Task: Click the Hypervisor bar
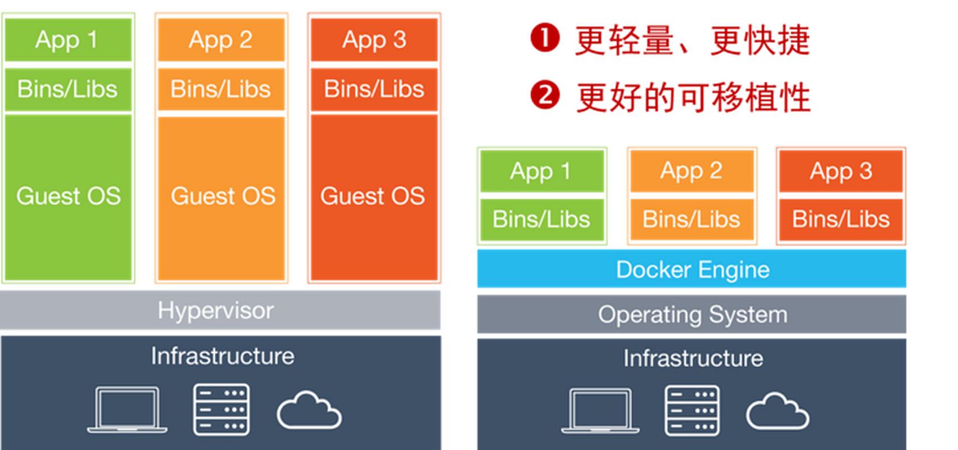(220, 310)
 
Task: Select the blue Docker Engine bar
(692, 269)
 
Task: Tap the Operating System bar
(692, 314)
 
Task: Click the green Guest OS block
(68, 196)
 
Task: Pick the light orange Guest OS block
(222, 196)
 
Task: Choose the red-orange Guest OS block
(374, 196)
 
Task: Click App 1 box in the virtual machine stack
(68, 40)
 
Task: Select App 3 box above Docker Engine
(840, 171)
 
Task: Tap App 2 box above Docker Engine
(692, 171)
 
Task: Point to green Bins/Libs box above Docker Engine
(541, 219)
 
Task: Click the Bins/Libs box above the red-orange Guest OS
(374, 89)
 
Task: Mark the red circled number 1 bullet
(544, 38)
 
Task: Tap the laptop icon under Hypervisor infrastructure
(127, 409)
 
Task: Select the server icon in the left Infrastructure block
(222, 409)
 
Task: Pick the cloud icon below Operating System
(778, 412)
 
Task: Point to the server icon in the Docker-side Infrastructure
(692, 411)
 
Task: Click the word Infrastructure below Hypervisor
(222, 356)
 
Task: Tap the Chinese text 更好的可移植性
(693, 97)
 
